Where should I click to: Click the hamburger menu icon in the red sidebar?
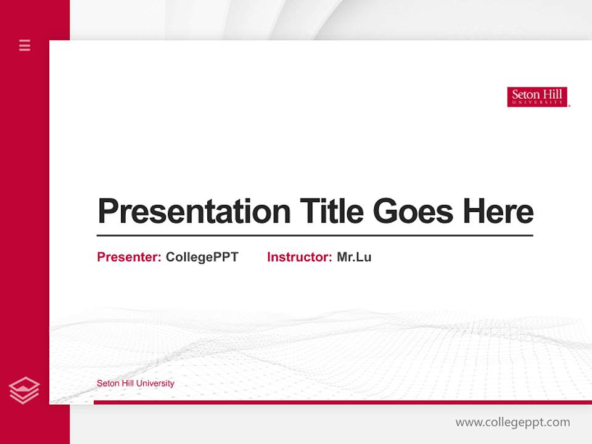[25, 45]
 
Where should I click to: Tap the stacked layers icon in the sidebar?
[24, 390]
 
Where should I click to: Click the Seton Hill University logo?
[537, 97]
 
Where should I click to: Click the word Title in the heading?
[331, 212]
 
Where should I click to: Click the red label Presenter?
[129, 257]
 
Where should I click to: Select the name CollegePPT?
[202, 257]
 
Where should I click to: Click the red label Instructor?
[299, 257]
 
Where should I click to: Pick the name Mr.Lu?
[354, 257]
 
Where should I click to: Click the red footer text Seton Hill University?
[135, 384]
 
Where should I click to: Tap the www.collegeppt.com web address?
[512, 422]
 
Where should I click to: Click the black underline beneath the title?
[314, 235]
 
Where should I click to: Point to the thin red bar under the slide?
[342, 402]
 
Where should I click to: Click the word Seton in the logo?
[524, 95]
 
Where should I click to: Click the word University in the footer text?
[155, 384]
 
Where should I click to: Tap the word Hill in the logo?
[552, 95]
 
